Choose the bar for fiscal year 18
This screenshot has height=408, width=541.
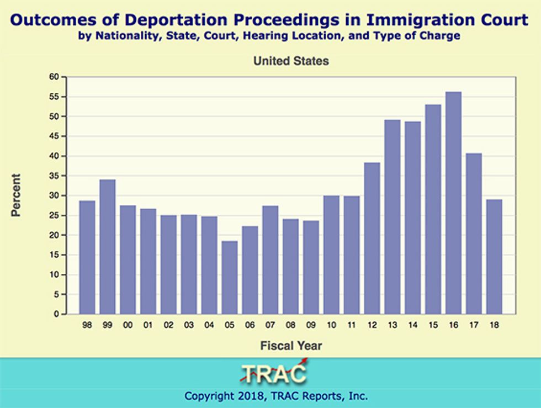(494, 257)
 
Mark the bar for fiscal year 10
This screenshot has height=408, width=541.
(331, 255)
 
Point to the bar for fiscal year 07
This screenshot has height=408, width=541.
(270, 260)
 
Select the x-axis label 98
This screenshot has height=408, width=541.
(87, 325)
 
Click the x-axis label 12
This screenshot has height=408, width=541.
(372, 325)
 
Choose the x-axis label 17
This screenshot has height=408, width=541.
(474, 325)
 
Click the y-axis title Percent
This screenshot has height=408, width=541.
(16, 195)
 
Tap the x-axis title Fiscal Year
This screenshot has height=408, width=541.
(291, 346)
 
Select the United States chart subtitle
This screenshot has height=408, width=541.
(291, 61)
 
